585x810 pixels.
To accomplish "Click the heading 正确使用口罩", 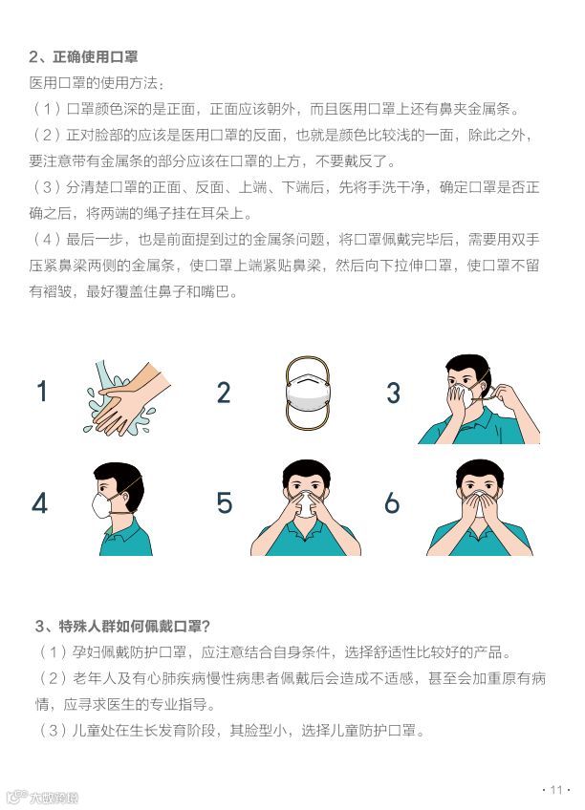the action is click(x=95, y=56).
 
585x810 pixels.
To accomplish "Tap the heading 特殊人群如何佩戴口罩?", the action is click(x=135, y=626).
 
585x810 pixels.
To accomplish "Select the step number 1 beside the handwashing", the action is click(x=42, y=391).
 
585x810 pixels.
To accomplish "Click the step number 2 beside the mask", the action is click(x=224, y=392).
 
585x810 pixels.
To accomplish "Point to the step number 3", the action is click(x=393, y=393).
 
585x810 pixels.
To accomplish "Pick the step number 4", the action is click(x=40, y=502).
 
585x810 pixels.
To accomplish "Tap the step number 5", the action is click(x=225, y=502).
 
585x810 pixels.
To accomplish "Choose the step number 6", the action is click(x=392, y=502).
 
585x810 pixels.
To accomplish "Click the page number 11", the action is click(x=556, y=789).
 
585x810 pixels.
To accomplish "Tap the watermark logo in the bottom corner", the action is click(x=43, y=797).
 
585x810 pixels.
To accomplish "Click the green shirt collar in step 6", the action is click(x=480, y=529).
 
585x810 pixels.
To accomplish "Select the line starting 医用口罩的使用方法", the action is click(x=97, y=83).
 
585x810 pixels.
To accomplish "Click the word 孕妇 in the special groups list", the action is click(x=86, y=652).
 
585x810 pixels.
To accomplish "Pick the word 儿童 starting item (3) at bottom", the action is click(x=86, y=731).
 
